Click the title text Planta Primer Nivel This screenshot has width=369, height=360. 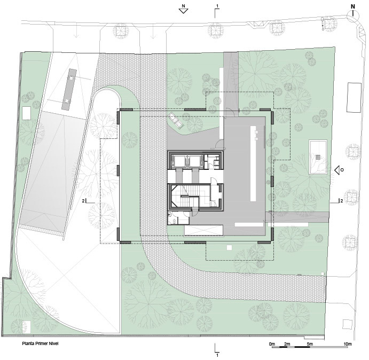[x=40, y=343]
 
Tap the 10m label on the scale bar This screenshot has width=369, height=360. [x=347, y=344]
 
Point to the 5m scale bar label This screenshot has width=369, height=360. [x=310, y=344]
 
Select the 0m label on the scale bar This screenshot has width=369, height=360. [x=272, y=344]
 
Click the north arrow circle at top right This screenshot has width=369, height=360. [x=353, y=16]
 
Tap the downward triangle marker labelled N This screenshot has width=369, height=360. [x=183, y=11]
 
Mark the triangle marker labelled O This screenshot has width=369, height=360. [x=337, y=170]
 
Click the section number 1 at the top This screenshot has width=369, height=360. [x=217, y=6]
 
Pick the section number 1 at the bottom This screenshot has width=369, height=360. [x=217, y=355]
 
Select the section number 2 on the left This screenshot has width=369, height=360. [x=83, y=201]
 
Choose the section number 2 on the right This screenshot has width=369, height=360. [x=341, y=201]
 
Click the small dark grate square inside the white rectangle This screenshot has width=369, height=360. [x=318, y=157]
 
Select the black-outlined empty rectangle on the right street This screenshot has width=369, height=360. [x=354, y=97]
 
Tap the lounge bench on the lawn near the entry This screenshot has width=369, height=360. [x=175, y=120]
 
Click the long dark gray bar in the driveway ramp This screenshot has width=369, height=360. [x=69, y=89]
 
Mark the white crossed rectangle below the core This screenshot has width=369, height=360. [x=203, y=230]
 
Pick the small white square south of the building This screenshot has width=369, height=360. [x=229, y=247]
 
